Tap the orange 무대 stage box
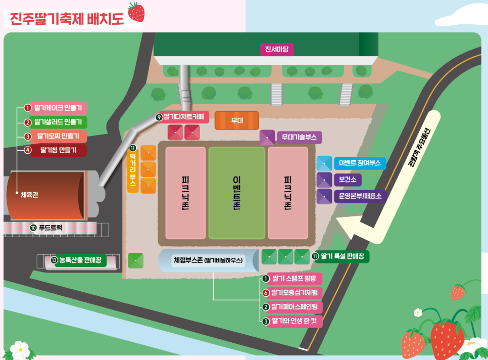pos(237,121)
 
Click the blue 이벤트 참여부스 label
pos(360,163)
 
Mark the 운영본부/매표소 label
pos(360,196)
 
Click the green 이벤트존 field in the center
pos(236,193)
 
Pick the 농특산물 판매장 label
pos(78,260)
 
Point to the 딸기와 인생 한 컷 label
pos(294,321)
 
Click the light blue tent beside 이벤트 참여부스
pos(324,163)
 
